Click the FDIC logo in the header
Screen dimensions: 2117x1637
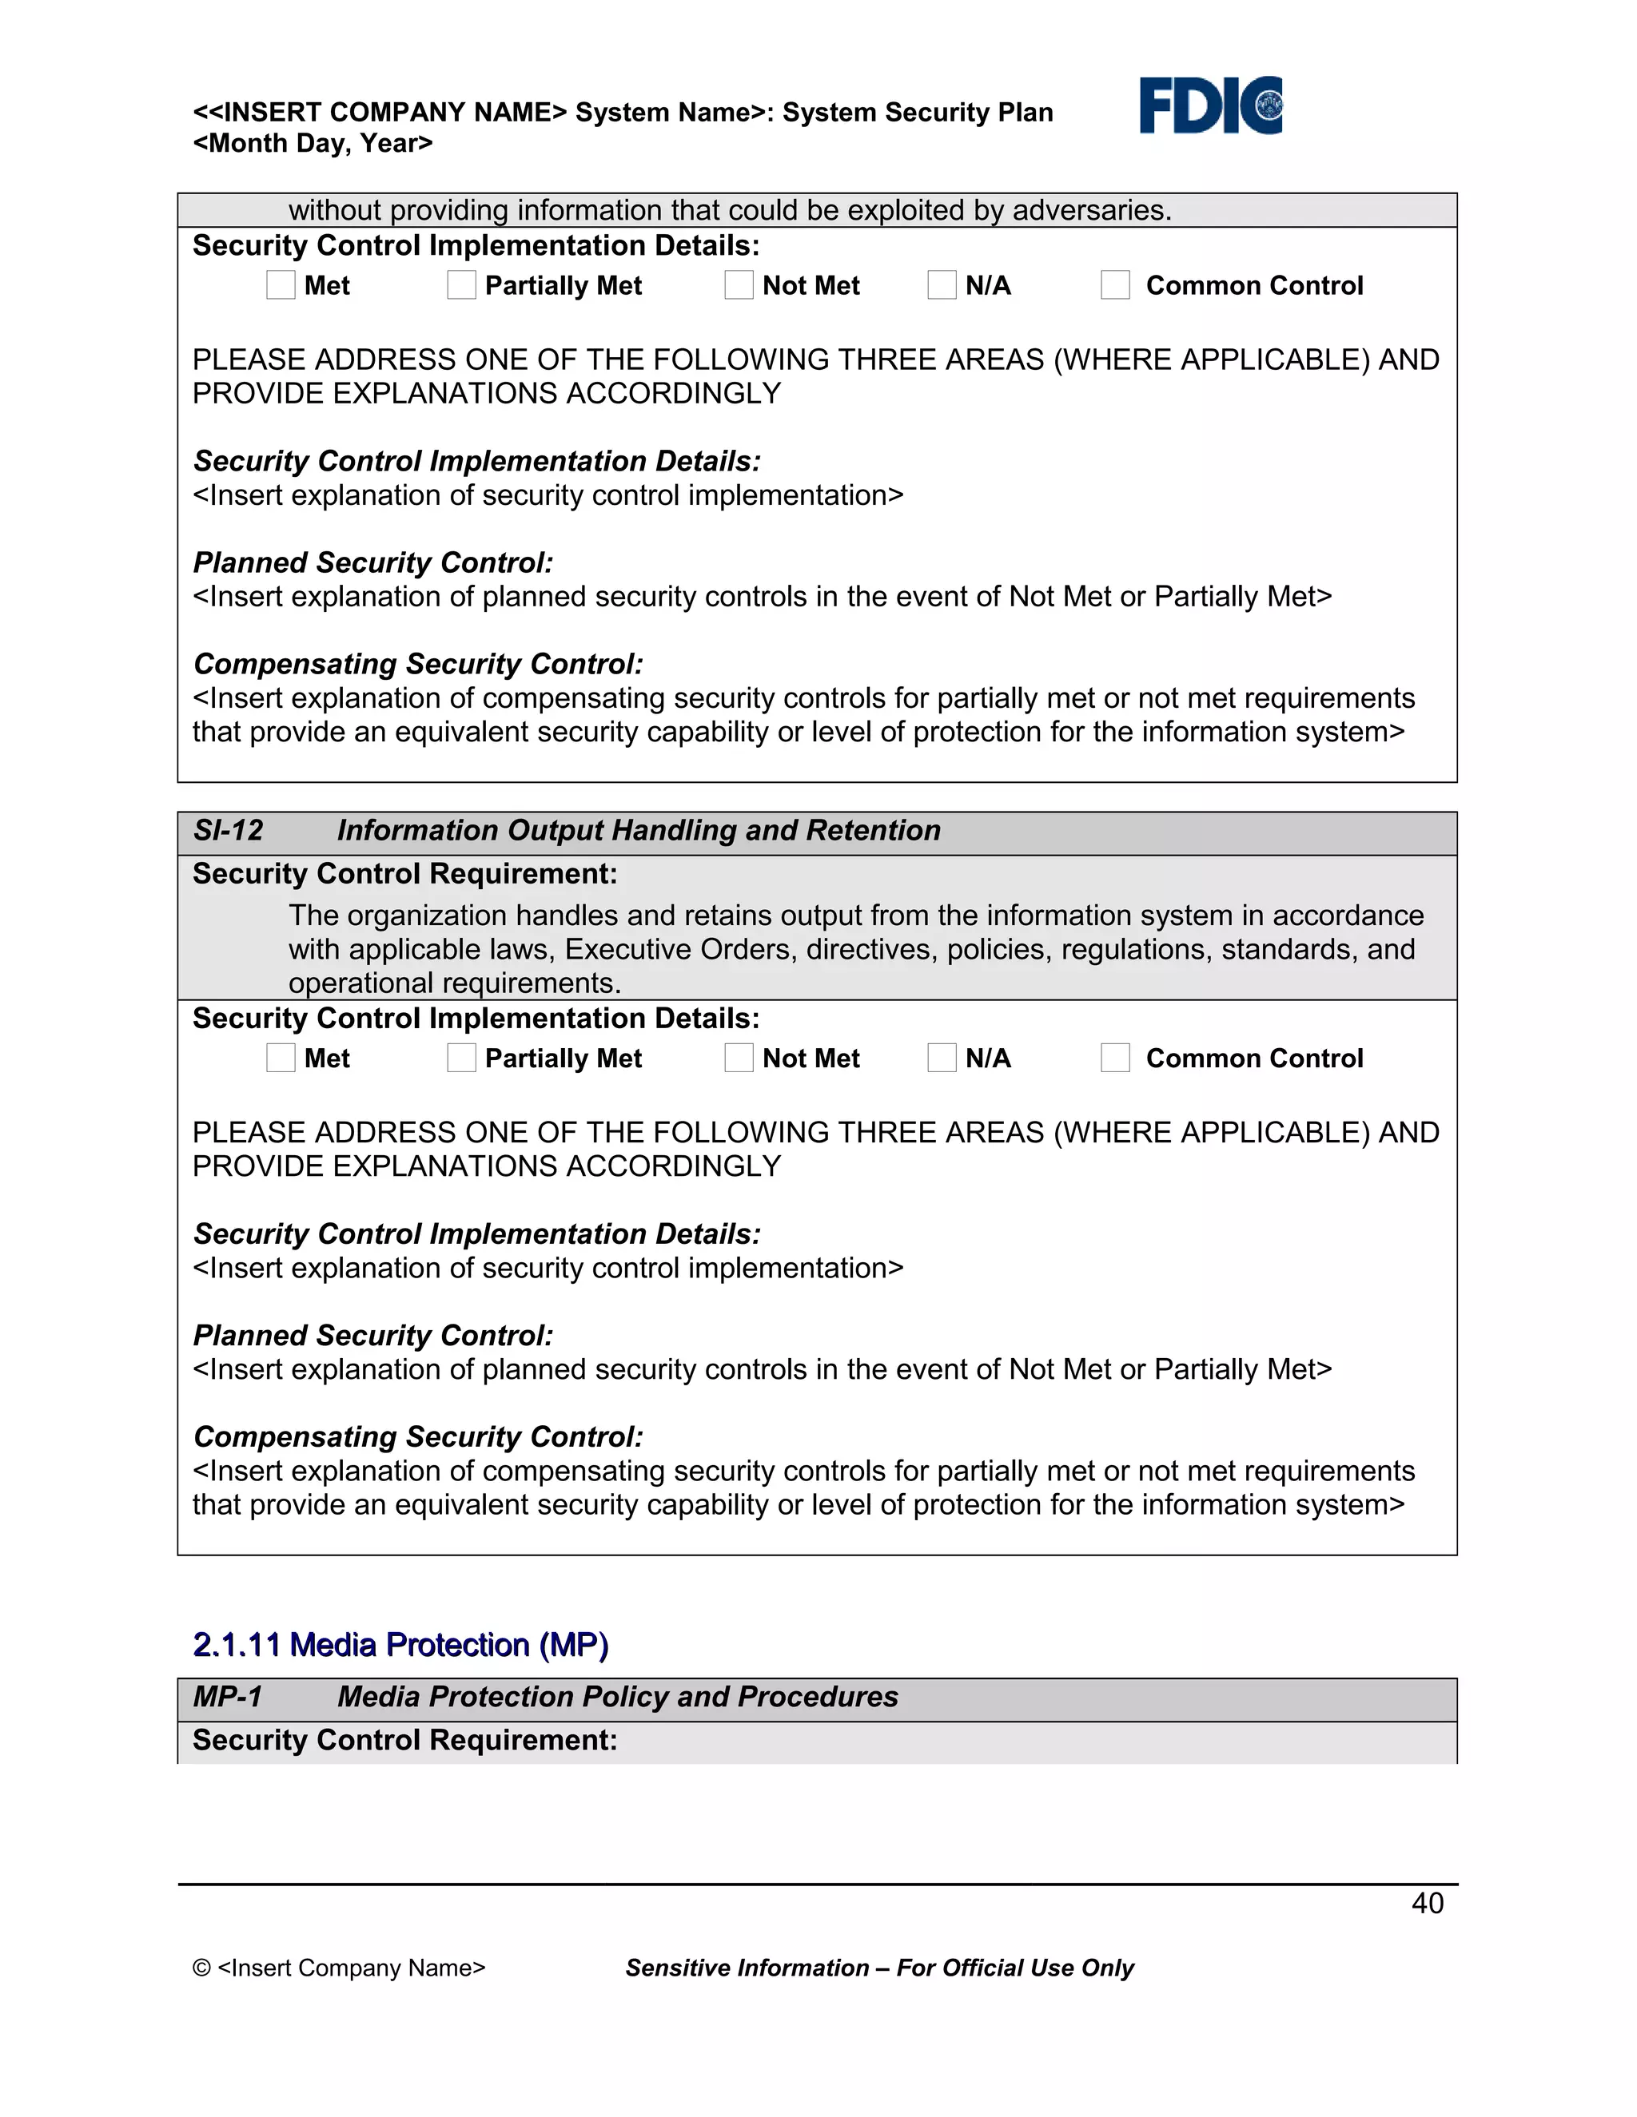click(x=1210, y=105)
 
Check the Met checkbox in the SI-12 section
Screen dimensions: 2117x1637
click(x=281, y=1058)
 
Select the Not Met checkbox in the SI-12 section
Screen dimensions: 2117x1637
click(x=739, y=1058)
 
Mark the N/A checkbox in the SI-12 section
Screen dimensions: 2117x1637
click(x=942, y=1058)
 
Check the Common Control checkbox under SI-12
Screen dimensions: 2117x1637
click(x=1115, y=1058)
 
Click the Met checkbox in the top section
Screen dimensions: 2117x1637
click(x=281, y=285)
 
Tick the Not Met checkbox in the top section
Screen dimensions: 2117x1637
click(x=739, y=285)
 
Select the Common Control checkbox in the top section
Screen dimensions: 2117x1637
click(x=1115, y=285)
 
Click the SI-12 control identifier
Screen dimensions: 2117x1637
click(x=228, y=831)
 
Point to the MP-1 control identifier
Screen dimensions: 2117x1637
click(x=228, y=1698)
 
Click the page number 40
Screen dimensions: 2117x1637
click(x=1427, y=1904)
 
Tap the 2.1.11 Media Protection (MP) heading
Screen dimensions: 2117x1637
click(x=400, y=1645)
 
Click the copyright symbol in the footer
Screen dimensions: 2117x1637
click(x=201, y=1968)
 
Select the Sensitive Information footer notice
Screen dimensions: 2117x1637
click(x=878, y=1968)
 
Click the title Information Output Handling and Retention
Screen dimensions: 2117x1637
click(x=638, y=831)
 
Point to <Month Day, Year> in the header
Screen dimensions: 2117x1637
click(x=313, y=144)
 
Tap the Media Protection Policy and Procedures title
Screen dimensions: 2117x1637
click(x=617, y=1698)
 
